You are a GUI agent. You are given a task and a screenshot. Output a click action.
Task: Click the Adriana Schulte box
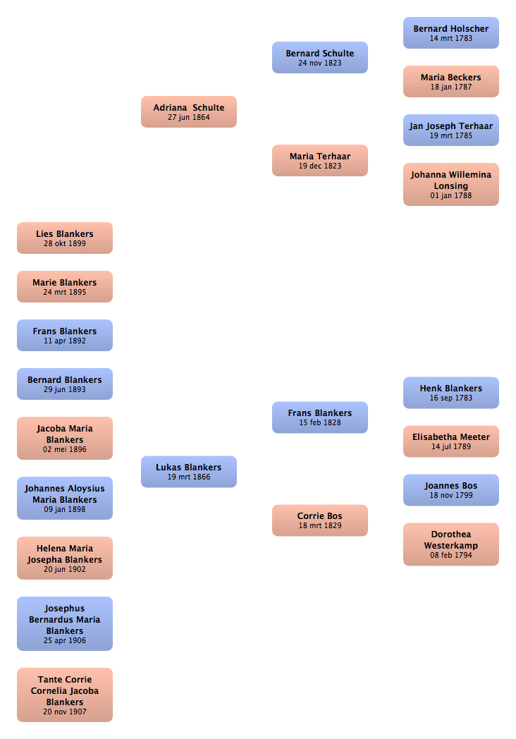[x=188, y=111]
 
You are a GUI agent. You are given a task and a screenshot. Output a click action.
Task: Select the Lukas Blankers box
[x=188, y=471]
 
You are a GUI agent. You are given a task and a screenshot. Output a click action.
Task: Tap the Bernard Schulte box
[x=319, y=58]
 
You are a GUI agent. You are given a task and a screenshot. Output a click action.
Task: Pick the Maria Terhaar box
[x=319, y=160]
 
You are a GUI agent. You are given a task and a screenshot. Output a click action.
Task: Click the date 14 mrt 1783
[x=450, y=38]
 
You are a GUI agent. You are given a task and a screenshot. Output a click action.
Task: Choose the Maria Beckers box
[x=450, y=82]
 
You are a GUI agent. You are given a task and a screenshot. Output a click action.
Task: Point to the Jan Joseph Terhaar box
[x=450, y=130]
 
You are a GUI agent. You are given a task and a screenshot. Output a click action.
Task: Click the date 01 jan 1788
[x=450, y=195]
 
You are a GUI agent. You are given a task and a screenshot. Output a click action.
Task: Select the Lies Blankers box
[x=65, y=238]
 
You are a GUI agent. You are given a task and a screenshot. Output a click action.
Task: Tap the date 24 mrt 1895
[x=65, y=292]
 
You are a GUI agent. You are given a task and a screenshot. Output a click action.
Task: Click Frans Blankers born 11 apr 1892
[x=65, y=335]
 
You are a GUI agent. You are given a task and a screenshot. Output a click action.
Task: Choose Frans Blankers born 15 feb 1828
[x=319, y=417]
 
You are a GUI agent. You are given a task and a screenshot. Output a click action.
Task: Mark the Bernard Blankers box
[x=65, y=384]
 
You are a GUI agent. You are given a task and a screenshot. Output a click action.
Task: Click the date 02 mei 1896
[x=65, y=450]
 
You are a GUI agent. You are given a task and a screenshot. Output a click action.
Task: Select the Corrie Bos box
[x=319, y=520]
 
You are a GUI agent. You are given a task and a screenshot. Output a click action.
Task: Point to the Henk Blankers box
[x=450, y=393]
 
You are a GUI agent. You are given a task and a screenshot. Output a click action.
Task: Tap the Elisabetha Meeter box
[x=450, y=441]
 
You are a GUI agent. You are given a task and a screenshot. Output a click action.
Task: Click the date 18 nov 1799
[x=450, y=495]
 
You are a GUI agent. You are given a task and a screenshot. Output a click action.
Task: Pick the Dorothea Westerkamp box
[x=450, y=544]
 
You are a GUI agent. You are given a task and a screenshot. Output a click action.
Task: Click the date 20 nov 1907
[x=65, y=712]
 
